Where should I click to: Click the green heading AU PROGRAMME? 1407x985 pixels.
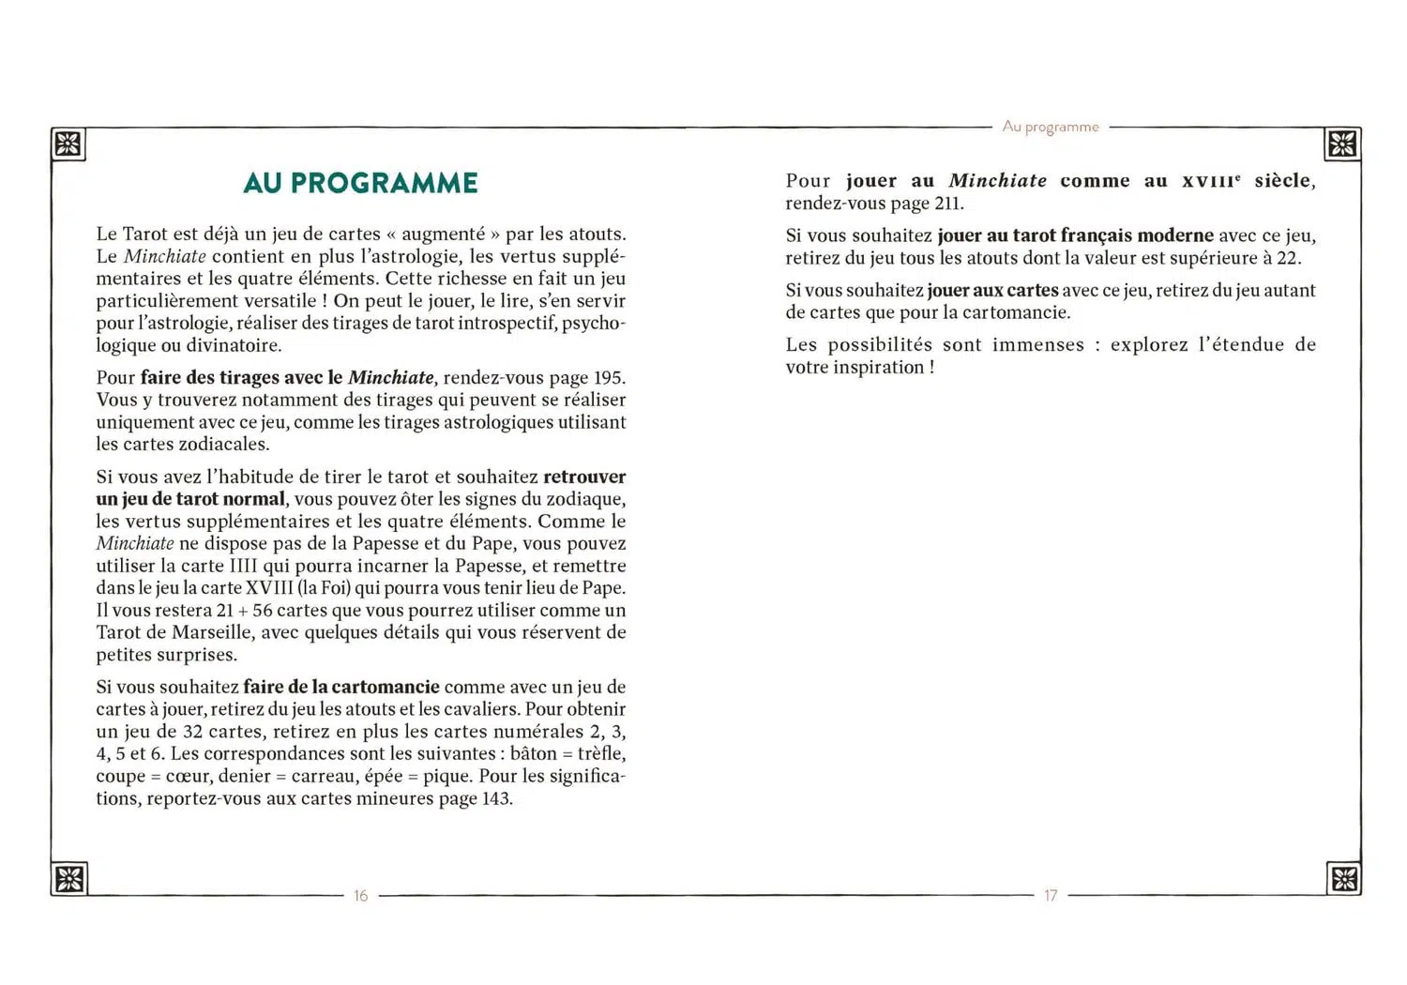tap(360, 183)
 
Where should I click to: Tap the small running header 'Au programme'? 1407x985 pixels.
tap(1050, 127)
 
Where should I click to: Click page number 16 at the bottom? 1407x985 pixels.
tap(360, 896)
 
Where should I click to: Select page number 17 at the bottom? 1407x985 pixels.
tap(1051, 896)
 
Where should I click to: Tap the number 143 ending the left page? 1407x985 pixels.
tap(496, 799)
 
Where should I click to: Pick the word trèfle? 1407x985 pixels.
tap(600, 754)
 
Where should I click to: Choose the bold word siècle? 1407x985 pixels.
tap(1283, 181)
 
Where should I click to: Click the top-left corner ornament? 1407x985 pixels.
tap(68, 144)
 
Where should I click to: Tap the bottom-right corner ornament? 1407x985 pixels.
tap(1343, 878)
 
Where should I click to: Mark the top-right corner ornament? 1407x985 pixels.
tap(1342, 144)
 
